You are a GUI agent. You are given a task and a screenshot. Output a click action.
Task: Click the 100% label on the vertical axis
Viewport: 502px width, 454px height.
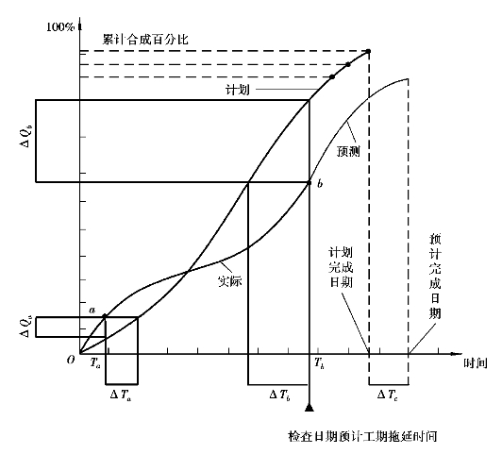60,27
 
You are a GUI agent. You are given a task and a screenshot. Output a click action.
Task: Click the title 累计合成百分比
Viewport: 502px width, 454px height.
145,40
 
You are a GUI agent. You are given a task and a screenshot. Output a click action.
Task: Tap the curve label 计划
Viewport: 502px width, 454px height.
238,90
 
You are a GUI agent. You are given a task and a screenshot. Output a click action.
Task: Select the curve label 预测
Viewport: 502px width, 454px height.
348,151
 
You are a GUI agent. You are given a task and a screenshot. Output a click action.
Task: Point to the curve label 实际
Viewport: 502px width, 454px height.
229,280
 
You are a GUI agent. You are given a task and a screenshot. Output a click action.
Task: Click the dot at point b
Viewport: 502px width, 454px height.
310,183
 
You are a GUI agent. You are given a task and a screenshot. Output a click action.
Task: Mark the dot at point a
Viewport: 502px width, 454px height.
105,316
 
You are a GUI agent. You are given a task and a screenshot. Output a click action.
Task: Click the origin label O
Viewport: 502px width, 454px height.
71,360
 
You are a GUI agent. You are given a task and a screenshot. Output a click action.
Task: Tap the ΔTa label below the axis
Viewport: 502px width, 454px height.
121,395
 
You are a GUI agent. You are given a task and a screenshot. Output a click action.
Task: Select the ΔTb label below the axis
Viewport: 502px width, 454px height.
280,395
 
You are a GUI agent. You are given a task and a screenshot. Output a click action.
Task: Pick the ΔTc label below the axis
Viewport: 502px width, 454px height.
388,395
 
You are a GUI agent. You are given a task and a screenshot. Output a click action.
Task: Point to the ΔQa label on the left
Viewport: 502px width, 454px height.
25,327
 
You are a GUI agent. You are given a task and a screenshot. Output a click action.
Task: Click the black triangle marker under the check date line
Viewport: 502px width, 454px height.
309,407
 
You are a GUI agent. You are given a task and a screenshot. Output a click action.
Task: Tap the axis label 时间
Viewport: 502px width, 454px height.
476,363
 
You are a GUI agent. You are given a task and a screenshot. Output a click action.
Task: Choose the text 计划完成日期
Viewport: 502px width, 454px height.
341,268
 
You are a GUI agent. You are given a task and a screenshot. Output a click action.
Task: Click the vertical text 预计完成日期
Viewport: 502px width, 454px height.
435,276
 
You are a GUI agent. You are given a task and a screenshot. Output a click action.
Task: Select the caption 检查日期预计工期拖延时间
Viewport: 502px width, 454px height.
362,436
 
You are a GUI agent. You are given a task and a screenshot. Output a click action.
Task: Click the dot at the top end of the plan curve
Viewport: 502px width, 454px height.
369,51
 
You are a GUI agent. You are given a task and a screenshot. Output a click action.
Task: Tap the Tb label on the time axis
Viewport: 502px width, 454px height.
319,363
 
